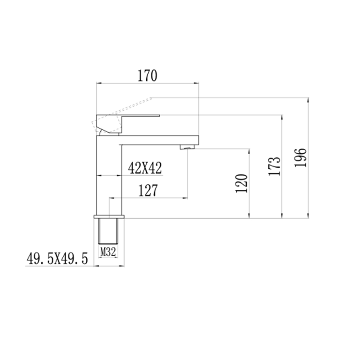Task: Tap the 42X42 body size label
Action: coord(145,168)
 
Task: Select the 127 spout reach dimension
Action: coord(148,190)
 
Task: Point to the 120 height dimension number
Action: coord(242,183)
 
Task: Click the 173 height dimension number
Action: coord(275,166)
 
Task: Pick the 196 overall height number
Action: coord(300,158)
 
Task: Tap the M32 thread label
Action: coord(108,252)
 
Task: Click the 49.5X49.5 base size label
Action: coord(57,259)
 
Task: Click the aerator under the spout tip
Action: coord(187,147)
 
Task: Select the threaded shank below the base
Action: coord(108,231)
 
